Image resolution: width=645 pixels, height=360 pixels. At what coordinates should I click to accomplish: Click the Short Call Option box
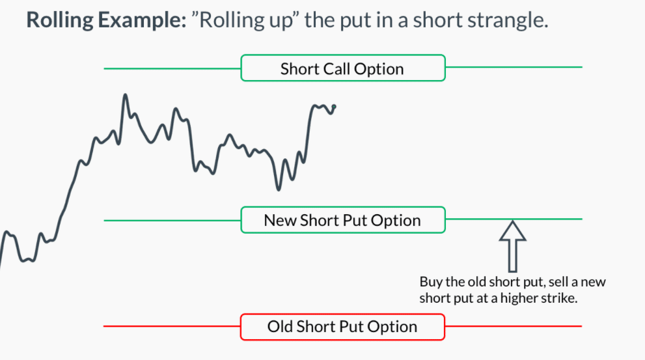(x=343, y=68)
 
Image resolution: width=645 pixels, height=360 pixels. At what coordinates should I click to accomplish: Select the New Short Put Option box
(x=343, y=220)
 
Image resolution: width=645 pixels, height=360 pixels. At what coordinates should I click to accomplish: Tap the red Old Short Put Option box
(x=342, y=327)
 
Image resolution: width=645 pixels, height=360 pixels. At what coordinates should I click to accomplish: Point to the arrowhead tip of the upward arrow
(x=512, y=221)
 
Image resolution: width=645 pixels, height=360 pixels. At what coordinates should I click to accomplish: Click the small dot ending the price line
(x=334, y=107)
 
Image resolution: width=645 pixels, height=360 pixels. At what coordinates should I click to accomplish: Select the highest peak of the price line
(x=125, y=95)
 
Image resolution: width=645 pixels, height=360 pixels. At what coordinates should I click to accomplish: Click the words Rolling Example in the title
(x=107, y=20)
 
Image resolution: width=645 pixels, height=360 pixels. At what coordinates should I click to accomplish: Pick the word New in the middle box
(x=280, y=221)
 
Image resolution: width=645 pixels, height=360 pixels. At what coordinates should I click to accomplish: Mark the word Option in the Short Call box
(x=379, y=69)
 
